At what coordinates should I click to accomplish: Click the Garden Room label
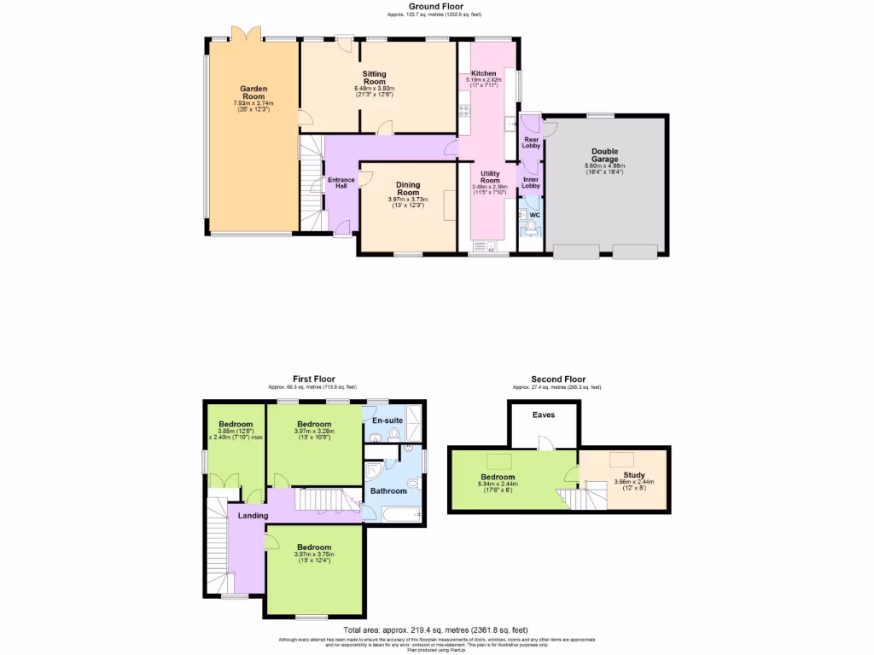pyautogui.click(x=253, y=92)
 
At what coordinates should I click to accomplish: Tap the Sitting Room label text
pyautogui.click(x=374, y=78)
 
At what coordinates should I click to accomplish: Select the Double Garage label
pyautogui.click(x=604, y=155)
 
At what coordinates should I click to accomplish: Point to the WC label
pyautogui.click(x=535, y=215)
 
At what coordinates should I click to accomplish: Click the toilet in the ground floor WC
pyautogui.click(x=531, y=229)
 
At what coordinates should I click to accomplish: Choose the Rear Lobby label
pyautogui.click(x=532, y=142)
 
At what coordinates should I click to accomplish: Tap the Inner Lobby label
pyautogui.click(x=531, y=183)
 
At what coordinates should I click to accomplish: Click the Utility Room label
pyautogui.click(x=490, y=177)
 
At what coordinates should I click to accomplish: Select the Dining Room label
pyautogui.click(x=408, y=188)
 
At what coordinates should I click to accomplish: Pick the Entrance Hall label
pyautogui.click(x=341, y=183)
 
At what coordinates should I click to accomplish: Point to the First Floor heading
pyautogui.click(x=314, y=379)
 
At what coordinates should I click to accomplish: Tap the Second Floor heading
pyautogui.click(x=558, y=379)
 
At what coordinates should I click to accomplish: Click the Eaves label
pyautogui.click(x=544, y=415)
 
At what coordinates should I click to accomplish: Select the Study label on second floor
pyautogui.click(x=633, y=476)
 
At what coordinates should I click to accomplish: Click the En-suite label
pyautogui.click(x=387, y=420)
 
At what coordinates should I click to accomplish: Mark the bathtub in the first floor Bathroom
pyautogui.click(x=400, y=513)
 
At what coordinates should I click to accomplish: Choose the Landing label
pyautogui.click(x=253, y=515)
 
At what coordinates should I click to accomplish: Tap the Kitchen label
pyautogui.click(x=484, y=73)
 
